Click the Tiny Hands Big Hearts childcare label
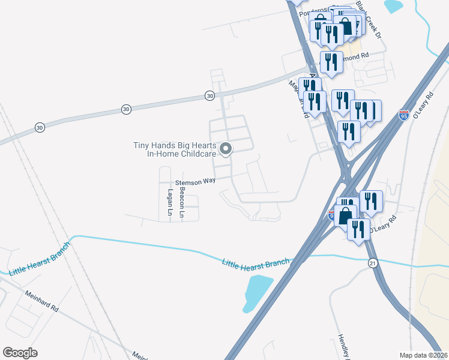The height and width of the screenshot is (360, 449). [174, 149]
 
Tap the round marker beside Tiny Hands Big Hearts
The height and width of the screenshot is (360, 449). [226, 148]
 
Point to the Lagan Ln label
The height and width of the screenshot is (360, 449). [170, 203]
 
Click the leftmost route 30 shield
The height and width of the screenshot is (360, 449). [40, 127]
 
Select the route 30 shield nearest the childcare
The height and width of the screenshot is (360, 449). [209, 95]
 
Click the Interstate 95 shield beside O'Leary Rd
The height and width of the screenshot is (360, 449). [403, 115]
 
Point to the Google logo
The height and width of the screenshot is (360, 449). [20, 352]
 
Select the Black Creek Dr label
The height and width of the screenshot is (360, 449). [369, 19]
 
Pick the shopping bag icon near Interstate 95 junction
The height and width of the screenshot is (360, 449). [346, 214]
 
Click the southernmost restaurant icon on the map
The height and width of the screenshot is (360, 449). [358, 229]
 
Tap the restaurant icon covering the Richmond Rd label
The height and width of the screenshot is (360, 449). [331, 62]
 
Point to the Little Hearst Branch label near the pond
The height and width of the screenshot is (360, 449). [256, 263]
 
